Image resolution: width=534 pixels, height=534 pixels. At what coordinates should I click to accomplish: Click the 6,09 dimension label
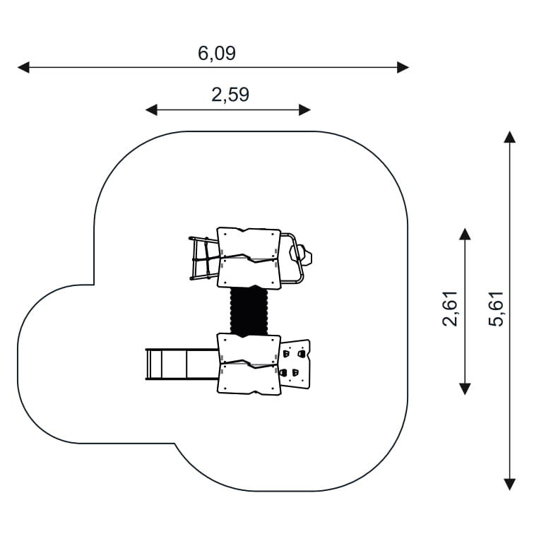pyautogui.click(x=217, y=54)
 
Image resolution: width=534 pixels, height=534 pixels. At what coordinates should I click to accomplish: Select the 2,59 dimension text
pyautogui.click(x=230, y=95)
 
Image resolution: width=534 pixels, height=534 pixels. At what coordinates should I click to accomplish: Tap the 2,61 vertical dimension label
pyautogui.click(x=449, y=309)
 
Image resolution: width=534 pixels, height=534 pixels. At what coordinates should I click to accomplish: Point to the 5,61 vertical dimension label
pyautogui.click(x=496, y=309)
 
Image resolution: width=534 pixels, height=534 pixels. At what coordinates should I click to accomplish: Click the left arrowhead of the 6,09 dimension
pyautogui.click(x=23, y=67)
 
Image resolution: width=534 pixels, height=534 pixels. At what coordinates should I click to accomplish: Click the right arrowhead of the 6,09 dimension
pyautogui.click(x=403, y=67)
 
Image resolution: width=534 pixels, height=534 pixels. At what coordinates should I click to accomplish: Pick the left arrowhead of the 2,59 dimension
pyautogui.click(x=151, y=110)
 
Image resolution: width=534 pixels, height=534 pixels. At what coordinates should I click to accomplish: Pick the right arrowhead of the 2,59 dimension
pyautogui.click(x=305, y=110)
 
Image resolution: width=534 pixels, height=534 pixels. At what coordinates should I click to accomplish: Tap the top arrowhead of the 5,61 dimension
pyautogui.click(x=509, y=136)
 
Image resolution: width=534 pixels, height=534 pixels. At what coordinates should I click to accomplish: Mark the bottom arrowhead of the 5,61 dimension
pyautogui.click(x=509, y=485)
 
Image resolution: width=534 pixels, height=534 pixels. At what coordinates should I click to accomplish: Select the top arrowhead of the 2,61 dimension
pyautogui.click(x=465, y=235)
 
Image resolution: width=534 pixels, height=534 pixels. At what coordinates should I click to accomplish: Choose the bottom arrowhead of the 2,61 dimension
pyautogui.click(x=465, y=389)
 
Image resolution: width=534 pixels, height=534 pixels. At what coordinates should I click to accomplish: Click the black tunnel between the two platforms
pyautogui.click(x=249, y=311)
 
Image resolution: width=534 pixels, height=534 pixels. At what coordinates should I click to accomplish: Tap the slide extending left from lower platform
pyautogui.click(x=182, y=364)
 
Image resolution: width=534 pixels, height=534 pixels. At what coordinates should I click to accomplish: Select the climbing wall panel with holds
pyautogui.click(x=295, y=364)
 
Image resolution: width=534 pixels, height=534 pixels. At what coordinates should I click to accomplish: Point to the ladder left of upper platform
pyautogui.click(x=203, y=258)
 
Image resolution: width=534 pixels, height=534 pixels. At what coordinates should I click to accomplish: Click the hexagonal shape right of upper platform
pyautogui.click(x=301, y=254)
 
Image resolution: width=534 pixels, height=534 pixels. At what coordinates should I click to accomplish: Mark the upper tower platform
pyautogui.click(x=249, y=258)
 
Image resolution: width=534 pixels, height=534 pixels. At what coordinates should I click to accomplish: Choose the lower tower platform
pyautogui.click(x=249, y=364)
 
